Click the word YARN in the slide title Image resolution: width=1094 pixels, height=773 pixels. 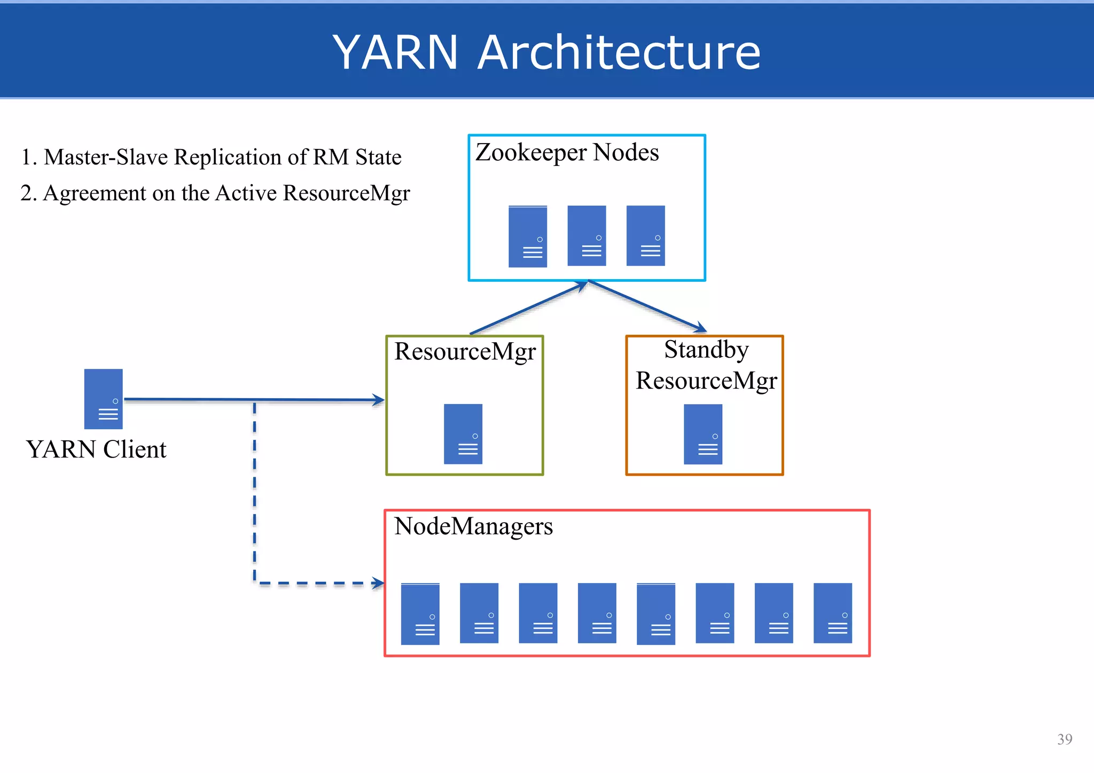395,52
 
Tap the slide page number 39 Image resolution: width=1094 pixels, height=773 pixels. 1064,739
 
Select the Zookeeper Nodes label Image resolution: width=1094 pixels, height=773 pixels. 567,153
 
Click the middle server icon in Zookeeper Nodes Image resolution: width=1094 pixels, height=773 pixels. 587,235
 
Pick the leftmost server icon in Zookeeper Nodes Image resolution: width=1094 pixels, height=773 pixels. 528,236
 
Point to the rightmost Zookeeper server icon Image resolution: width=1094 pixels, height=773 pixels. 645,235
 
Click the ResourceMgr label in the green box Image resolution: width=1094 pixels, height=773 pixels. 465,352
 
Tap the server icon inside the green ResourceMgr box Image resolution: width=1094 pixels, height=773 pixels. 463,433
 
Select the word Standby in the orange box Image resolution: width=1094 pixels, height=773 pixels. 706,350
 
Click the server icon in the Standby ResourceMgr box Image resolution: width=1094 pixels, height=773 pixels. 703,433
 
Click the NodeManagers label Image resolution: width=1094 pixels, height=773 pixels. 473,526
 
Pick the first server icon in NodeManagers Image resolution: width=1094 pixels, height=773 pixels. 420,614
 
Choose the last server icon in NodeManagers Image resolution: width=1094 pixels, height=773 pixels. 832,613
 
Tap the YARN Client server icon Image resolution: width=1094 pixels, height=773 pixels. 104,399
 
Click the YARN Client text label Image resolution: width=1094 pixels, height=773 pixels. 96,449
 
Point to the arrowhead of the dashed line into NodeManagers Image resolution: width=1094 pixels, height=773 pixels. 378,583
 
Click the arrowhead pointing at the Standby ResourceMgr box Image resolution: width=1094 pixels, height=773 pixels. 700,328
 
